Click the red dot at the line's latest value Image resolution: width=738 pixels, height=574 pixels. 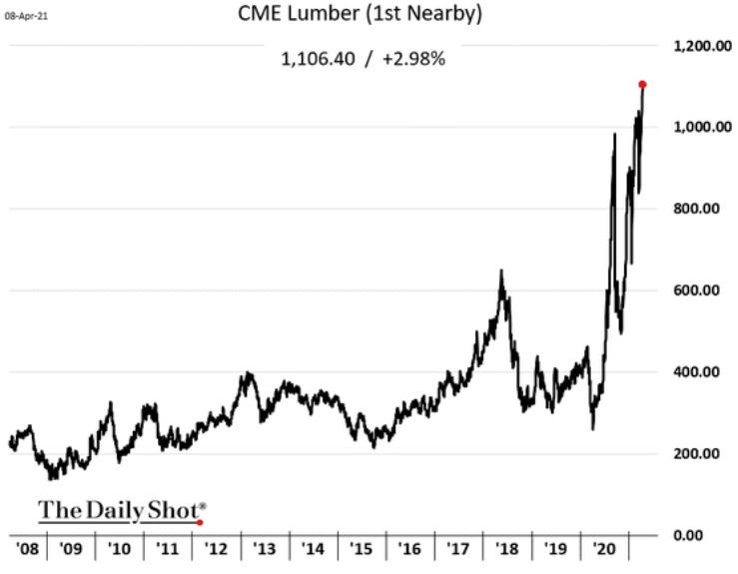coord(642,84)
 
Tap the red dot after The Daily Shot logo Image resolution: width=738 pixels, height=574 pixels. coord(201,521)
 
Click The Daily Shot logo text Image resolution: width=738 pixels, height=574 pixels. coord(118,510)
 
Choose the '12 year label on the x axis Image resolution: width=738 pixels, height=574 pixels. coord(217,549)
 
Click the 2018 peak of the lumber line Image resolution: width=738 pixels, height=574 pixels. coord(501,272)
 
